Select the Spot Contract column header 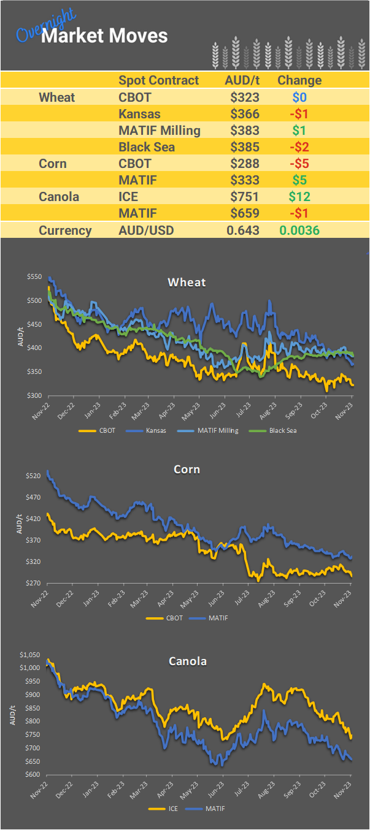158,80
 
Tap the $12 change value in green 299,197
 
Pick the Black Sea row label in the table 147,147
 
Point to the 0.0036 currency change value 299,230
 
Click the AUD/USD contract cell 146,230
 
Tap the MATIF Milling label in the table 159,131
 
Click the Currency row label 65,230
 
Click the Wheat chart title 187,283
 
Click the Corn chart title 187,470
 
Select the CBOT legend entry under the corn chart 174,618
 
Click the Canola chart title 187,661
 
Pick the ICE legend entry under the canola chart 173,809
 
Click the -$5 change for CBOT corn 299,164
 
